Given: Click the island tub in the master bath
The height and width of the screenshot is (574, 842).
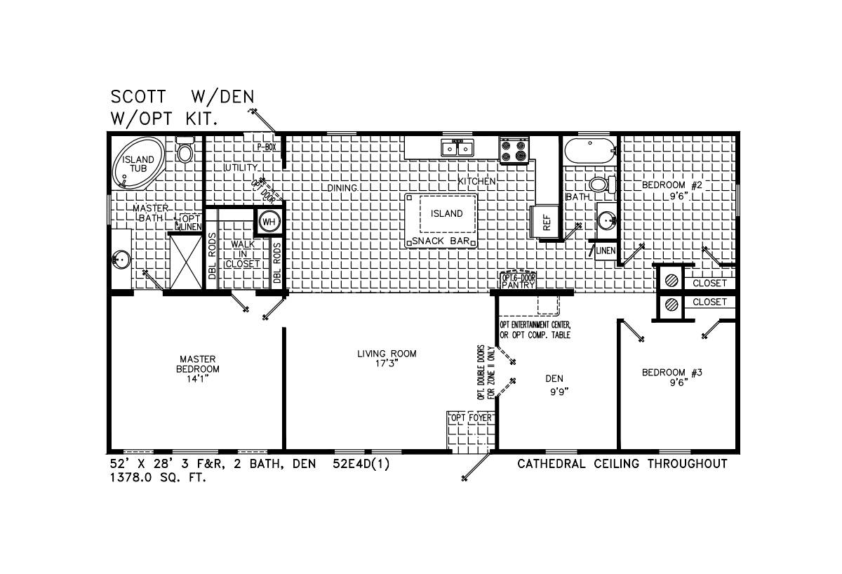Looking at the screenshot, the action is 138,162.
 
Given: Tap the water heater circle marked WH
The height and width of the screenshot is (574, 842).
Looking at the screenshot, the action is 269,222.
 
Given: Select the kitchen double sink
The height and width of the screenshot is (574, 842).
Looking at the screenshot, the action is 457,148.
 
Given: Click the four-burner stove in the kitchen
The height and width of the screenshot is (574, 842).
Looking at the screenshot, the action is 514,151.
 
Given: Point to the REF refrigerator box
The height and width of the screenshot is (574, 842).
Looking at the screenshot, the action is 545,222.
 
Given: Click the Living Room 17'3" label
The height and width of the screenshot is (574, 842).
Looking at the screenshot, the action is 387,359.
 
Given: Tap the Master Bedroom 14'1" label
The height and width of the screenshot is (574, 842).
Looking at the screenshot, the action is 198,369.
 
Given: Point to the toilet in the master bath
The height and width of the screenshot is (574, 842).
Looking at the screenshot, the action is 185,149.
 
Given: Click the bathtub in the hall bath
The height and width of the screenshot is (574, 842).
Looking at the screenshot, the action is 590,151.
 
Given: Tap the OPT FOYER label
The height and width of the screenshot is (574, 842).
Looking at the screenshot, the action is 472,418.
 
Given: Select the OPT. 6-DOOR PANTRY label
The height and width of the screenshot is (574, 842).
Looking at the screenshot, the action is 518,281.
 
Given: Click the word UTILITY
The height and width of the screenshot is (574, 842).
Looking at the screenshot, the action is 241,167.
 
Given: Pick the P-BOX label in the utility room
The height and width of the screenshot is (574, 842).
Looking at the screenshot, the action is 267,147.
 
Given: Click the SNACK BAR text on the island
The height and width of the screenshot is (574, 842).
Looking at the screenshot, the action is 441,241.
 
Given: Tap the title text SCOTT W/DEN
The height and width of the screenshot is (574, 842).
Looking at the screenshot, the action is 182,97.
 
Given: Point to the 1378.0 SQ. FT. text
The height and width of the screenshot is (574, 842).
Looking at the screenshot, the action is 159,478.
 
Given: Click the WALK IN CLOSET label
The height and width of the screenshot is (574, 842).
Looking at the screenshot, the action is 243,254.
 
